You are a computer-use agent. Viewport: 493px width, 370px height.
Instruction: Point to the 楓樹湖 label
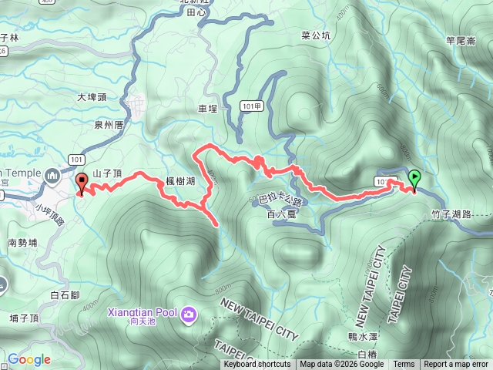179,180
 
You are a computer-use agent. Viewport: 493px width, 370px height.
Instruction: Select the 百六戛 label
282,214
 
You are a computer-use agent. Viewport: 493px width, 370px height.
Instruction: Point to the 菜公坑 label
316,35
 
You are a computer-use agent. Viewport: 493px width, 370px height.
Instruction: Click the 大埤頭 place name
92,98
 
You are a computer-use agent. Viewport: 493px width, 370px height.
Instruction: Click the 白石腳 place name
65,295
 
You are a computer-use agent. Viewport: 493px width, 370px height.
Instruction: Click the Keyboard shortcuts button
257,365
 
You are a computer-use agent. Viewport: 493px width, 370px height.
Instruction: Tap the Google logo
29,359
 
